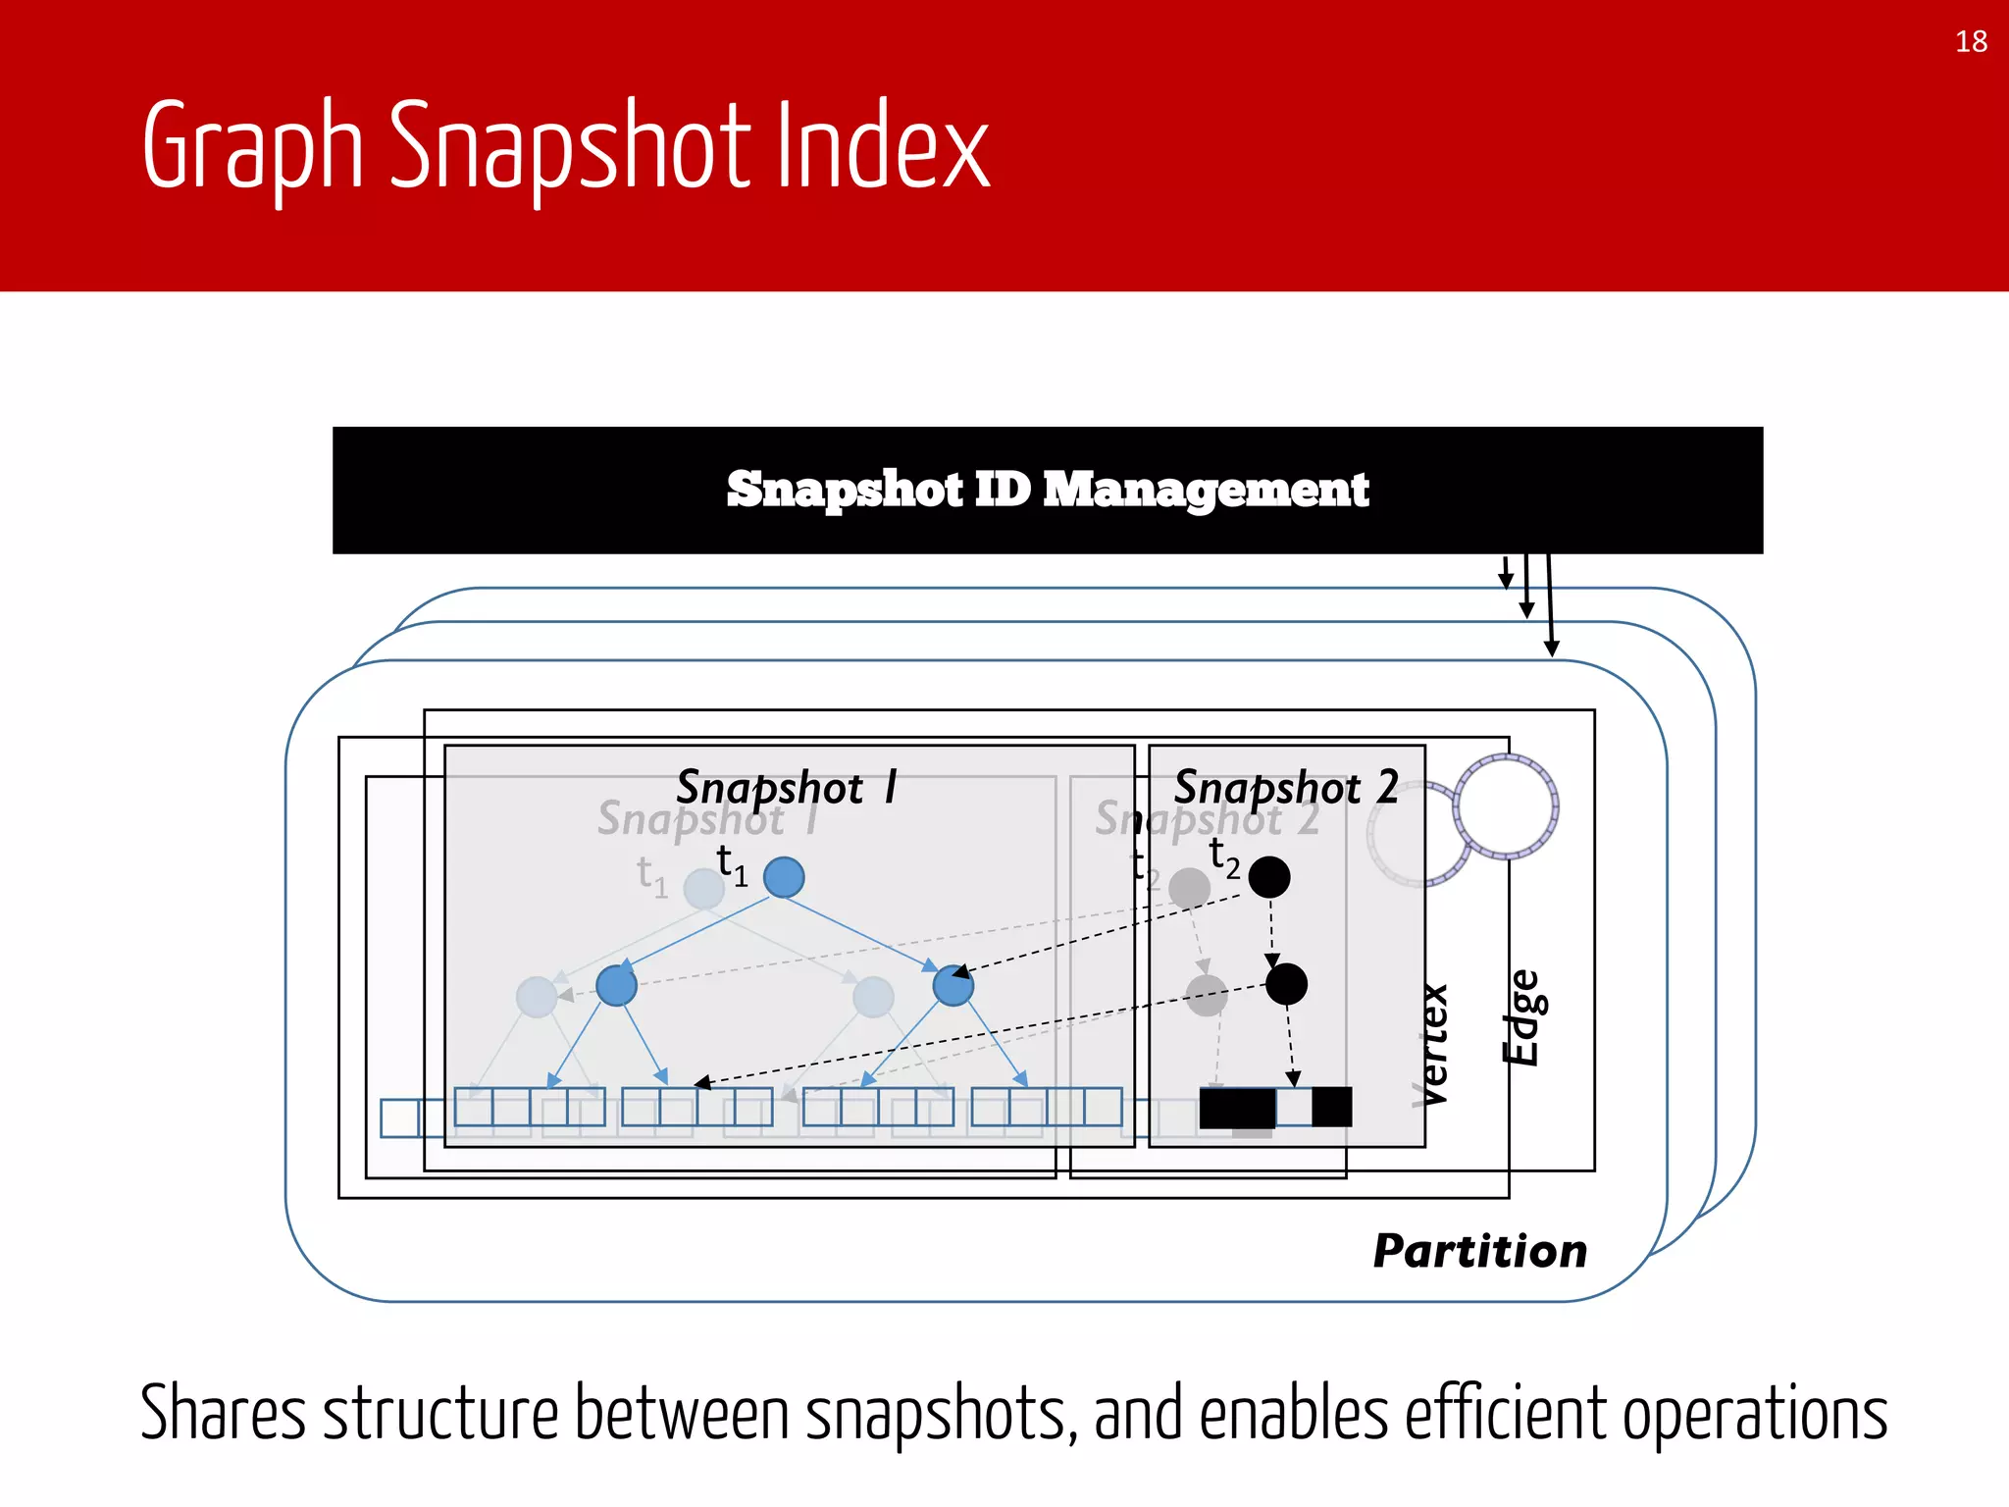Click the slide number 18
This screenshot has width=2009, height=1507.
tap(1971, 41)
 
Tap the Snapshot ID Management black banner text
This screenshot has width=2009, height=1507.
tap(1047, 490)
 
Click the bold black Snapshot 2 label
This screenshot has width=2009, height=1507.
tap(1286, 788)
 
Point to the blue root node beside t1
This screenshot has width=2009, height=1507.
tap(784, 877)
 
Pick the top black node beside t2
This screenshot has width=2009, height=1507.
tap(1269, 877)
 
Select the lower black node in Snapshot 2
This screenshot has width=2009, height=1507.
tap(1286, 984)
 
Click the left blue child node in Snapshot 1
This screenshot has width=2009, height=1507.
tap(616, 985)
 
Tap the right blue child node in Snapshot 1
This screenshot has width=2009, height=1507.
tap(953, 985)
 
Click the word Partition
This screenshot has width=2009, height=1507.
tap(1479, 1251)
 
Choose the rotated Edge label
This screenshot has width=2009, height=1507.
tap(1522, 1017)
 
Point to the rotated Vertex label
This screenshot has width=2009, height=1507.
tap(1432, 1045)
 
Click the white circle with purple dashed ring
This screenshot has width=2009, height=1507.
tap(1506, 806)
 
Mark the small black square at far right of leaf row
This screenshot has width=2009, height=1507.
tap(1331, 1107)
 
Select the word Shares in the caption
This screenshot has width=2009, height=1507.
tap(223, 1413)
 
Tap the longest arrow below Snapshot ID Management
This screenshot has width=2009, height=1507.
tap(1550, 604)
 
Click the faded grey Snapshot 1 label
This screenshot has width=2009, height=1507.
tap(692, 818)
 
